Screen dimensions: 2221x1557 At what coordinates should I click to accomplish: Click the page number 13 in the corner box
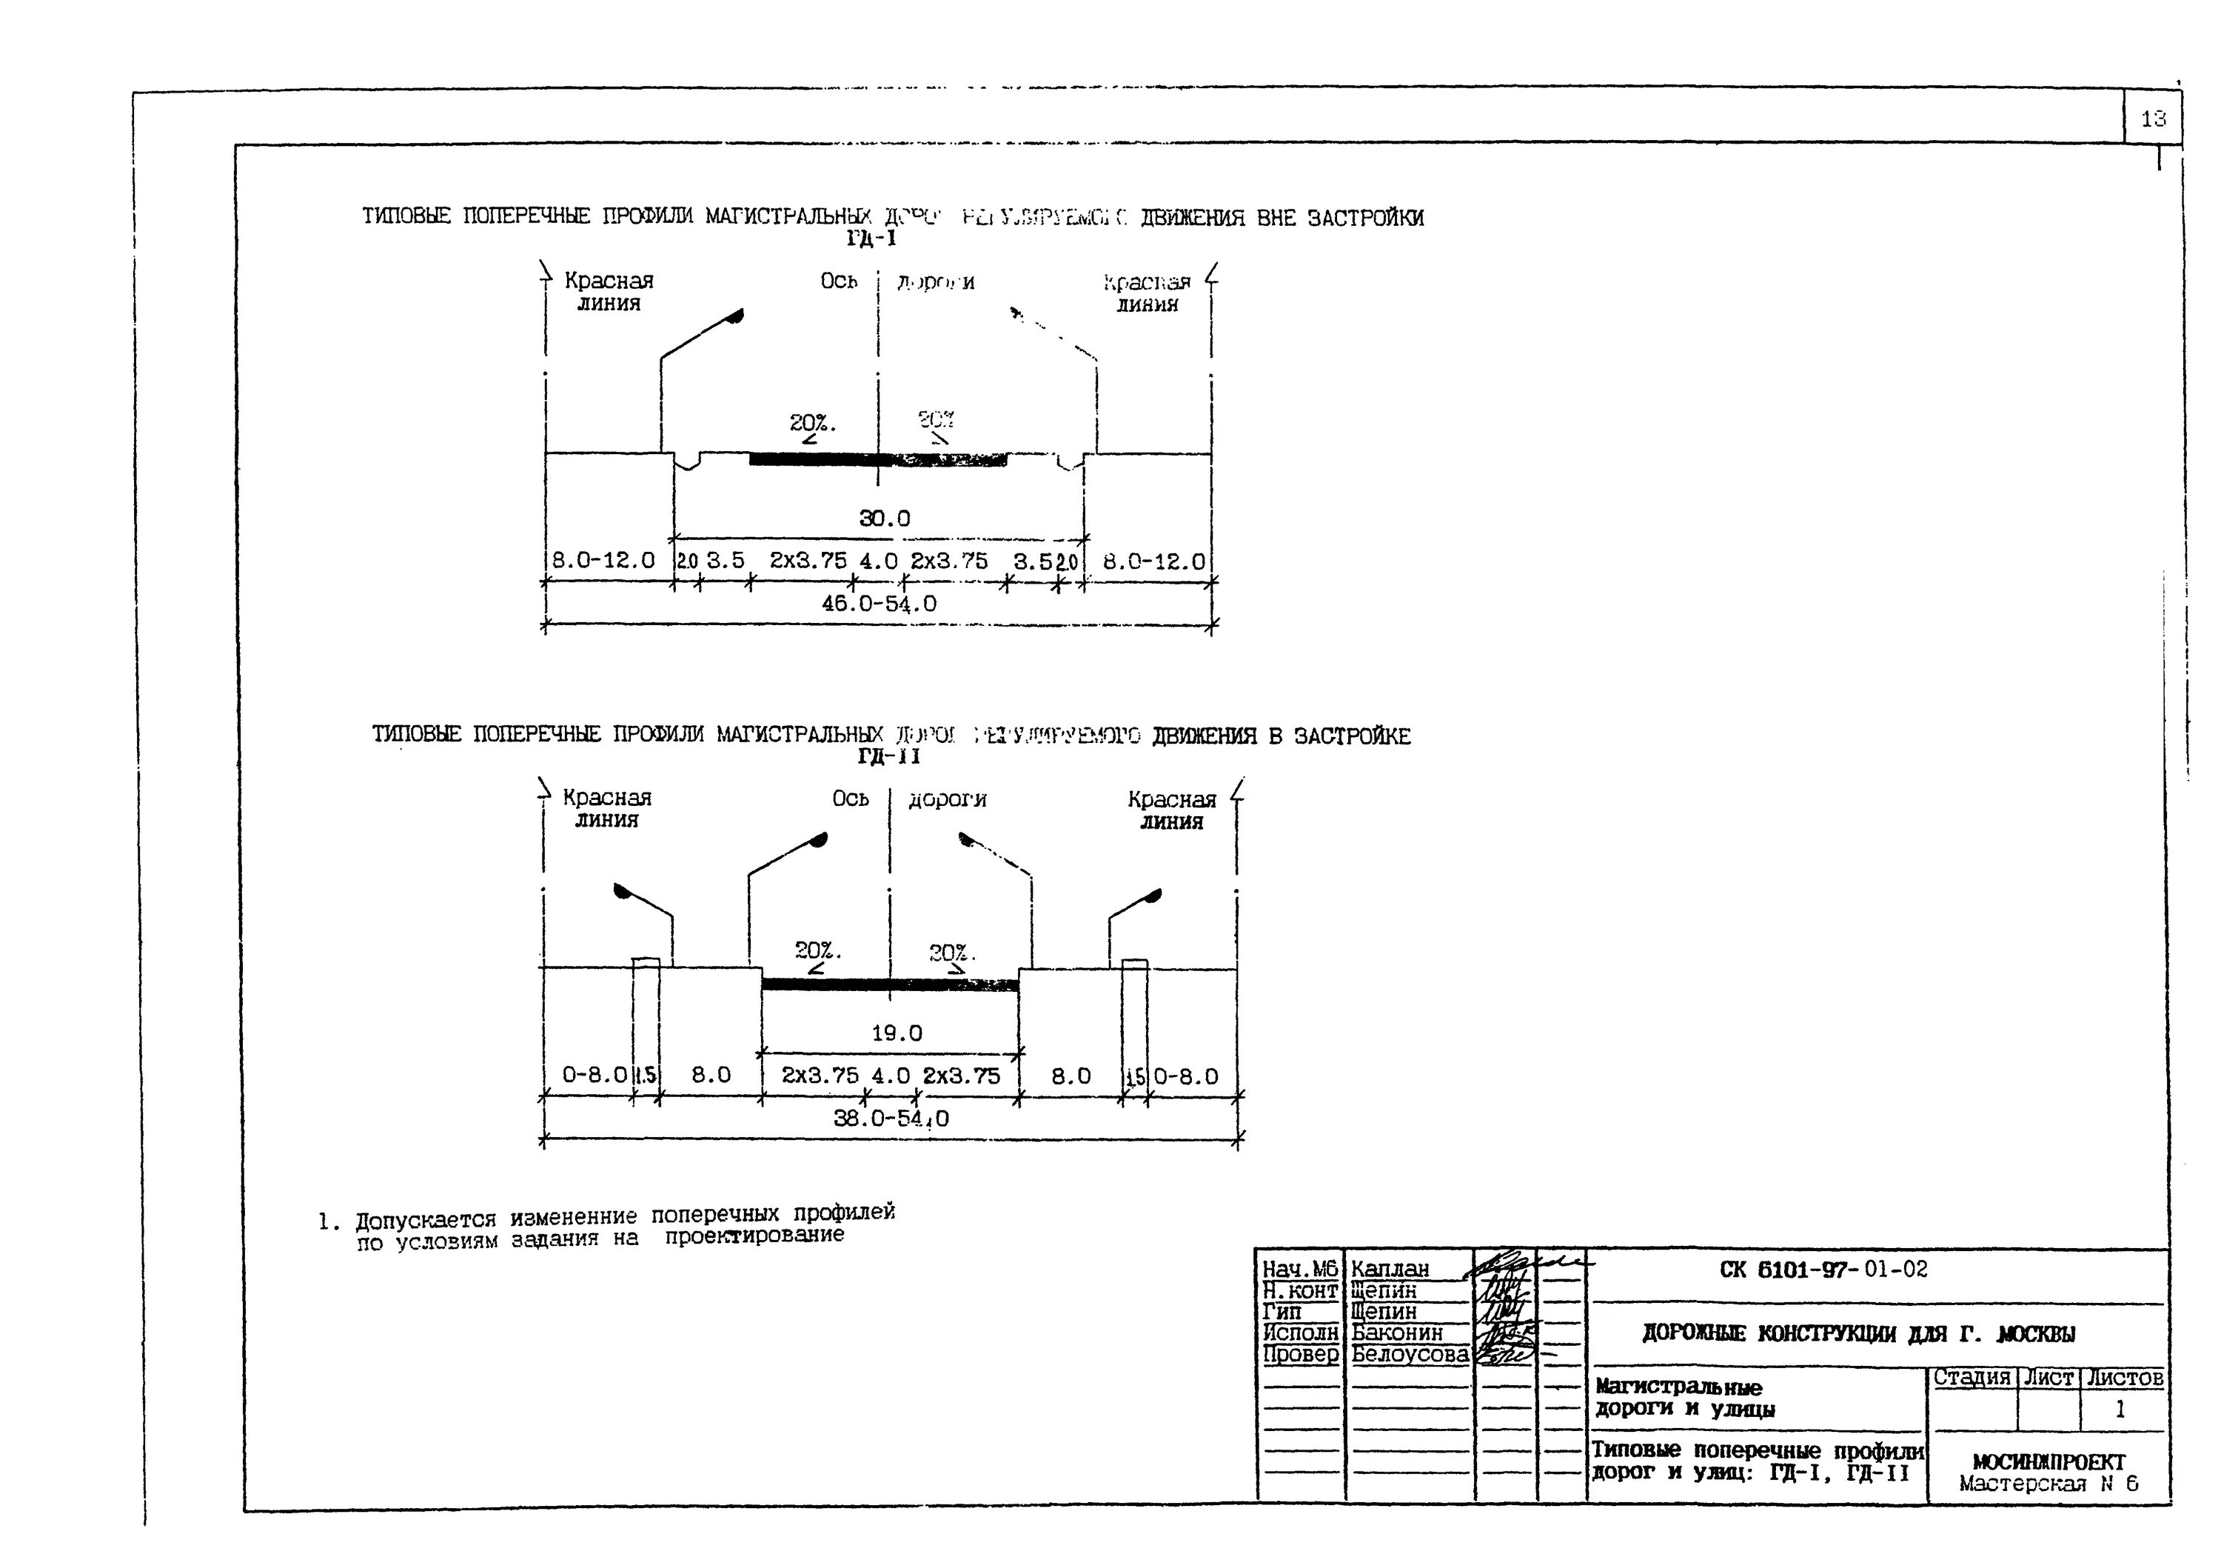pyautogui.click(x=2154, y=119)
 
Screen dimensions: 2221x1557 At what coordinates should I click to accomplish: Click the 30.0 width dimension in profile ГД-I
pyautogui.click(x=884, y=518)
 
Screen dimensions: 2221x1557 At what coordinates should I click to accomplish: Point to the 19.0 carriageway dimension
pyautogui.click(x=897, y=1033)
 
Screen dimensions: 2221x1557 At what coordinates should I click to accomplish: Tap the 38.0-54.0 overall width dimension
pyautogui.click(x=891, y=1118)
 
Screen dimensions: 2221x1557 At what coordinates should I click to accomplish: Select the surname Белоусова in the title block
pyautogui.click(x=1410, y=1355)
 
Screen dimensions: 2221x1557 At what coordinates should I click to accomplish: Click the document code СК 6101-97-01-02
pyautogui.click(x=1823, y=1269)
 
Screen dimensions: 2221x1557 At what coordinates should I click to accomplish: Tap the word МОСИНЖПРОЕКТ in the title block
pyautogui.click(x=2049, y=1462)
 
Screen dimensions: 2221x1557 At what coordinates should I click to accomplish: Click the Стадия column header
pyautogui.click(x=1972, y=1377)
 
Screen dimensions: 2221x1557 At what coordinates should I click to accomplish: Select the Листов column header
pyautogui.click(x=2124, y=1377)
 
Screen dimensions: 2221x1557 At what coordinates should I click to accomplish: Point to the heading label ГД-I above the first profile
pyautogui.click(x=871, y=238)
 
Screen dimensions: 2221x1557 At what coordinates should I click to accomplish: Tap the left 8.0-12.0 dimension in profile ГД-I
pyautogui.click(x=603, y=560)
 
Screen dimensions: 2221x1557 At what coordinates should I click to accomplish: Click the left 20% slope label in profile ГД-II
pyautogui.click(x=817, y=950)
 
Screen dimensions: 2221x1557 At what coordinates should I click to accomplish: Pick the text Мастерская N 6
pyautogui.click(x=2049, y=1484)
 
